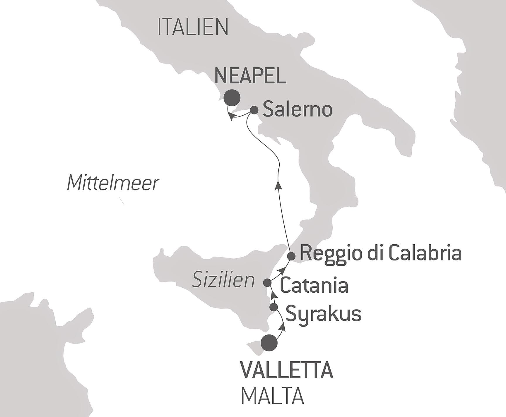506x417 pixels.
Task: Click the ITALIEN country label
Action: [193, 27]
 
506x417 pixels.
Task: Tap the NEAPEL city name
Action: [250, 76]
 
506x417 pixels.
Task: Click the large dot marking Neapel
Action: [232, 97]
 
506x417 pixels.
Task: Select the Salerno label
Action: [297, 110]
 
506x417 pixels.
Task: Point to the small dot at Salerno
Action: [254, 110]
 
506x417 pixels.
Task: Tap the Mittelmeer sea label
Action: [113, 183]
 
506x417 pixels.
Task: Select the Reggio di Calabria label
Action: [381, 253]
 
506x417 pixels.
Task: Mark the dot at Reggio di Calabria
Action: [291, 256]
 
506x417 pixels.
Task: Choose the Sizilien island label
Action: [223, 280]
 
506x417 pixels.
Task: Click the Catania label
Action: [314, 286]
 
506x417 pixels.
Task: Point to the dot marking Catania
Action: [267, 283]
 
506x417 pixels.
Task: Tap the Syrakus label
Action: [323, 314]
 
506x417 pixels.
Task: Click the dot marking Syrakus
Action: [273, 307]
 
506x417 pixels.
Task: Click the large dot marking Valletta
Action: [269, 342]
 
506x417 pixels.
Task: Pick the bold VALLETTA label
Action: [287, 370]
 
